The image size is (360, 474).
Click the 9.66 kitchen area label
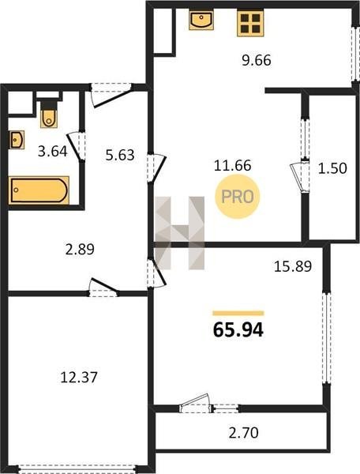click(257, 61)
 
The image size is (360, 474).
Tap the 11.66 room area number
click(233, 166)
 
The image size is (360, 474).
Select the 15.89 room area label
click(293, 266)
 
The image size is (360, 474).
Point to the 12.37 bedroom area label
click(79, 378)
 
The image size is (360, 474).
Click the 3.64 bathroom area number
click(53, 151)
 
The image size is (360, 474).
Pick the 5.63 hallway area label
click(120, 155)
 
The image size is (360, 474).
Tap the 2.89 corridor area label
click(80, 250)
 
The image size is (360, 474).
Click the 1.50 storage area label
click(332, 168)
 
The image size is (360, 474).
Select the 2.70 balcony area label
click(243, 433)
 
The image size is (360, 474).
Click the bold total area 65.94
click(238, 329)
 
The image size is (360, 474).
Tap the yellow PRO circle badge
click(238, 197)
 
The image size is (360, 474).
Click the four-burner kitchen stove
click(250, 23)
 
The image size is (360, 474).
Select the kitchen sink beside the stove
click(201, 20)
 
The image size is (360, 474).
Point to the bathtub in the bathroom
click(39, 190)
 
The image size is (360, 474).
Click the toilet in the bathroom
click(49, 113)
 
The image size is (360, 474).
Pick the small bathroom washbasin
click(17, 140)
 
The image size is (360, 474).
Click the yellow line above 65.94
click(238, 313)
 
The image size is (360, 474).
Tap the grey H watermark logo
click(180, 233)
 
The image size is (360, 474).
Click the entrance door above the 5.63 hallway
click(112, 96)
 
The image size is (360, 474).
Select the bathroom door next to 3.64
click(76, 146)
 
